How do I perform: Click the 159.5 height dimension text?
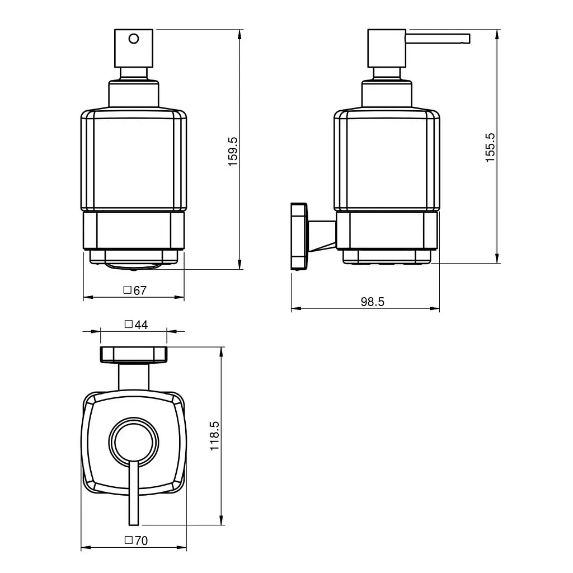233,152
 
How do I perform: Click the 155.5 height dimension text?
490,148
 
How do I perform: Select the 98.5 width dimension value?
372,302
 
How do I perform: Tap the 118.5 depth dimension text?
214,435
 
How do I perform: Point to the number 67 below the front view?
140,290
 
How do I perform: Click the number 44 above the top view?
141,325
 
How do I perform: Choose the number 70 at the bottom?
141,541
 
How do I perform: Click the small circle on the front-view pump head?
134,39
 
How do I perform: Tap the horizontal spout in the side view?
438,39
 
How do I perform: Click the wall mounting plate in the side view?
299,237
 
